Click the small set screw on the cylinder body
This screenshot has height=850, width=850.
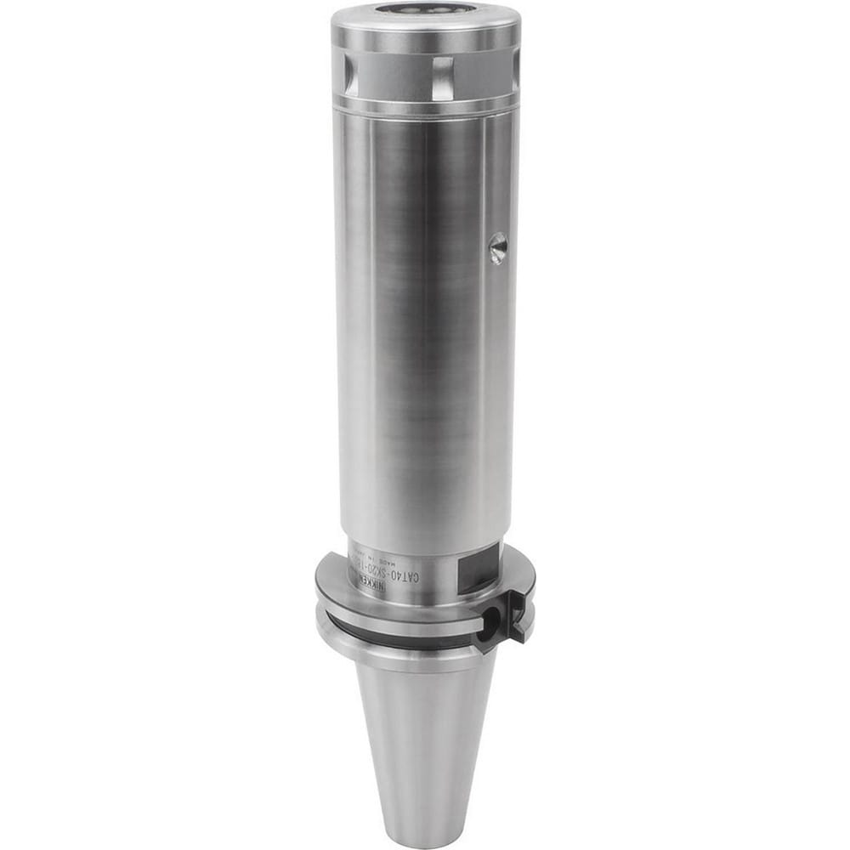pos(498,247)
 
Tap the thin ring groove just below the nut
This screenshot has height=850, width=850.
pos(425,106)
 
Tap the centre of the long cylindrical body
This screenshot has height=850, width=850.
pos(425,323)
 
